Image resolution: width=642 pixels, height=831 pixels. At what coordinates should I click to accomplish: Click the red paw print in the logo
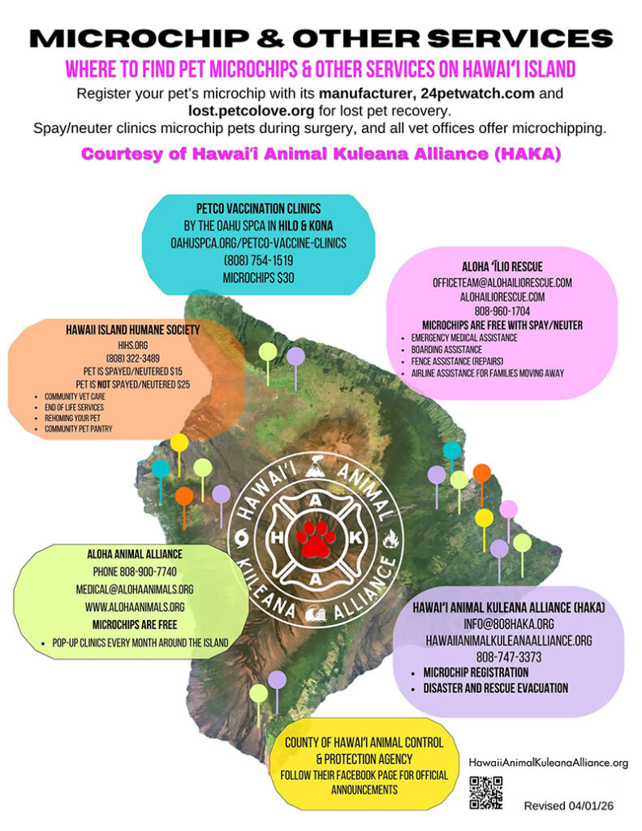point(316,539)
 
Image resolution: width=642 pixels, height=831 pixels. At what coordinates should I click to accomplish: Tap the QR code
point(485,793)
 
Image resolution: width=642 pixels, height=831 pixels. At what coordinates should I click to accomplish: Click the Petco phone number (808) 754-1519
point(258,260)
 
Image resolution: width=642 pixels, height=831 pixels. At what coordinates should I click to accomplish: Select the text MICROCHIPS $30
point(258,278)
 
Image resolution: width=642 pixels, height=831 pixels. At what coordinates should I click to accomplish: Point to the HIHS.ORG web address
point(133,345)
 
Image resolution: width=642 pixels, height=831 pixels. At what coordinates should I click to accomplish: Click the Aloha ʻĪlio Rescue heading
point(502,266)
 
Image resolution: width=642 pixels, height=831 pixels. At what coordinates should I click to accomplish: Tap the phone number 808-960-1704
point(502,311)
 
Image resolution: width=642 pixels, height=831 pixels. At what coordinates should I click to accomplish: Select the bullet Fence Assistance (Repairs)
point(457,361)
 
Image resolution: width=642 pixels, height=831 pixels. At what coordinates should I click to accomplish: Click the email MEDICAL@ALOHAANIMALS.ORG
point(135,589)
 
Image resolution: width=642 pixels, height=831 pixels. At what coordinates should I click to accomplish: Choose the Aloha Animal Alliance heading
point(135,554)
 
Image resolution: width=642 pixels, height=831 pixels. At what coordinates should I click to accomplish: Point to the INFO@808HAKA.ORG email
point(509,624)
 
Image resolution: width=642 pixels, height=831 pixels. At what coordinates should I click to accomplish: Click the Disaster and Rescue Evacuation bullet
point(496,688)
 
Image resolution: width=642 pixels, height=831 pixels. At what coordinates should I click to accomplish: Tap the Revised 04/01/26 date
point(569,806)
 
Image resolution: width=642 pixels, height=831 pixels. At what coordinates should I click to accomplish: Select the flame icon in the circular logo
point(390,539)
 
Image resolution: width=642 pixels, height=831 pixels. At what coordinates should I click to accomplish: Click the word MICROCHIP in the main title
point(140,38)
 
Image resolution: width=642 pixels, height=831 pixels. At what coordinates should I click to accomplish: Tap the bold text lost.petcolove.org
point(252,110)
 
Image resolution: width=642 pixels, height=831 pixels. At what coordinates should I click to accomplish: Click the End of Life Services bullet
point(74,407)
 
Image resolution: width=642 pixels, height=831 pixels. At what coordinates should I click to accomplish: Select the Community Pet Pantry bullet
point(79,428)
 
